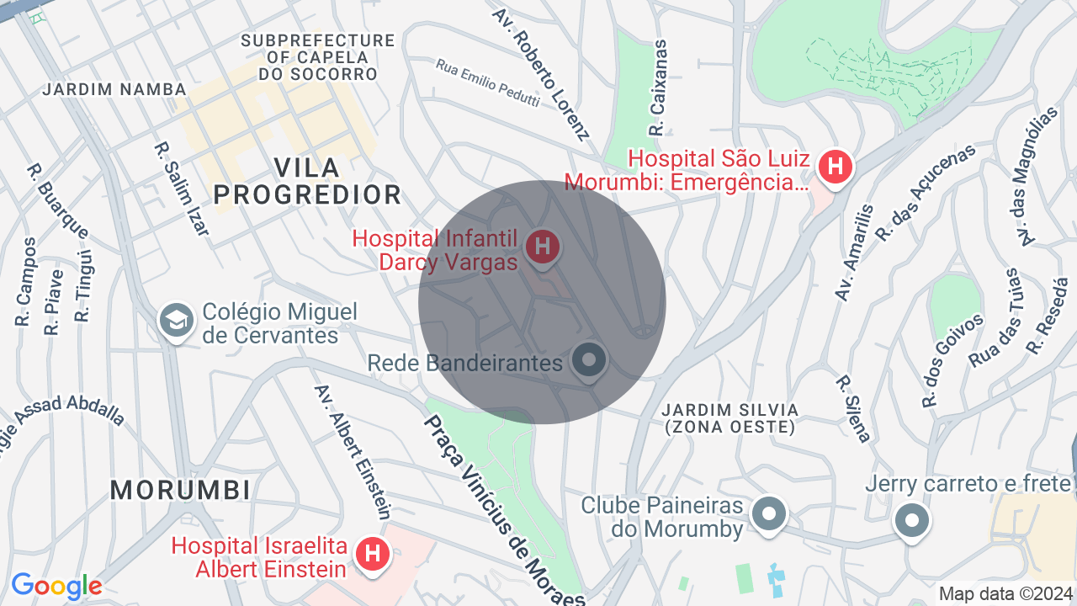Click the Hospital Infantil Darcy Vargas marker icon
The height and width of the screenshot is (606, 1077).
tap(543, 247)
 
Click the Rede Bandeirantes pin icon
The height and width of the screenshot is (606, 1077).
tap(589, 360)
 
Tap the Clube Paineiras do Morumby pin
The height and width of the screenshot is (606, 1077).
tap(768, 513)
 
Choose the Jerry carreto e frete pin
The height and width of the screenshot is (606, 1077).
tap(911, 519)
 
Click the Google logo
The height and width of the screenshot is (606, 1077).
tap(56, 586)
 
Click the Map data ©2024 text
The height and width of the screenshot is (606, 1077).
tap(1006, 593)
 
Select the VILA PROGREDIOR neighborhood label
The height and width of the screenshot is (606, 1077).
tap(307, 181)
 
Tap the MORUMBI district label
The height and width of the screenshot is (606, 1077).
tap(180, 489)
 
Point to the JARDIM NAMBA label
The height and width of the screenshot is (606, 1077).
tap(115, 89)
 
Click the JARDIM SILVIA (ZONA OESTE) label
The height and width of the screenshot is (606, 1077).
tap(729, 418)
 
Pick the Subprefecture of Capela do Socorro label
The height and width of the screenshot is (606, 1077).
tap(317, 57)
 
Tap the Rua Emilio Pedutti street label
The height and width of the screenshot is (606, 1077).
tap(487, 83)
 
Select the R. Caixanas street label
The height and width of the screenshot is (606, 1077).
tap(658, 88)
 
